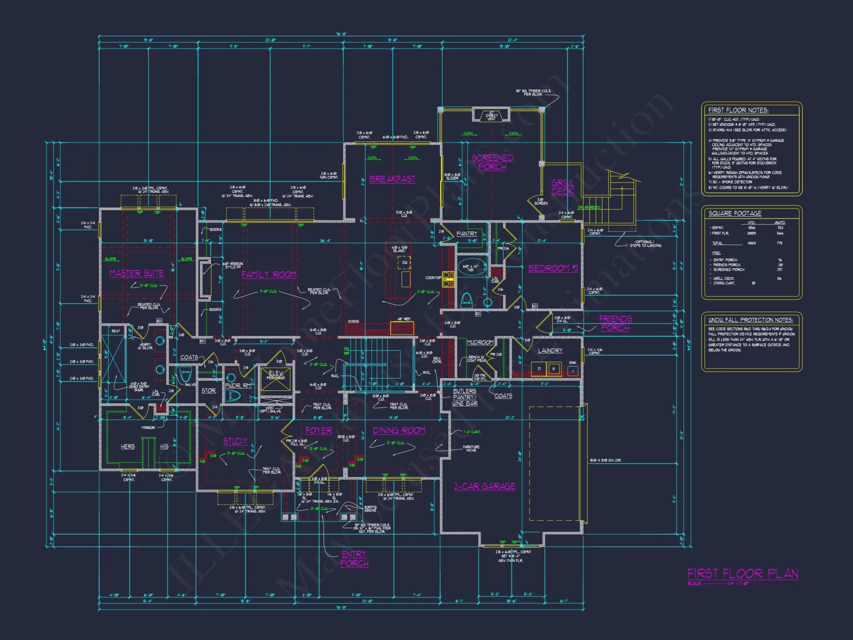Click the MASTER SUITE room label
coord(136,273)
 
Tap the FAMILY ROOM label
coord(269,275)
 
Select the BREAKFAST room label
coord(392,179)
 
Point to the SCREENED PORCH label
coord(492,163)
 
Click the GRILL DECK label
coord(563,187)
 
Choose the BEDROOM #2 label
coord(553,268)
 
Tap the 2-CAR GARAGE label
coord(485,486)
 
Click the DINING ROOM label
coord(399,431)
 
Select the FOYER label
coord(319,431)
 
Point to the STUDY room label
coord(235,441)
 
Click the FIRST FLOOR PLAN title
coord(743,574)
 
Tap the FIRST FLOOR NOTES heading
coord(738,110)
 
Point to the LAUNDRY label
coord(550,351)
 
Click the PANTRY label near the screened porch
coord(467,234)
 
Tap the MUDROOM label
coord(480,342)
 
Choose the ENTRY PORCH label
coord(354,559)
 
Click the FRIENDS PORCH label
coord(615,323)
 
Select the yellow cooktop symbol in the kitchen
coord(448,279)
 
